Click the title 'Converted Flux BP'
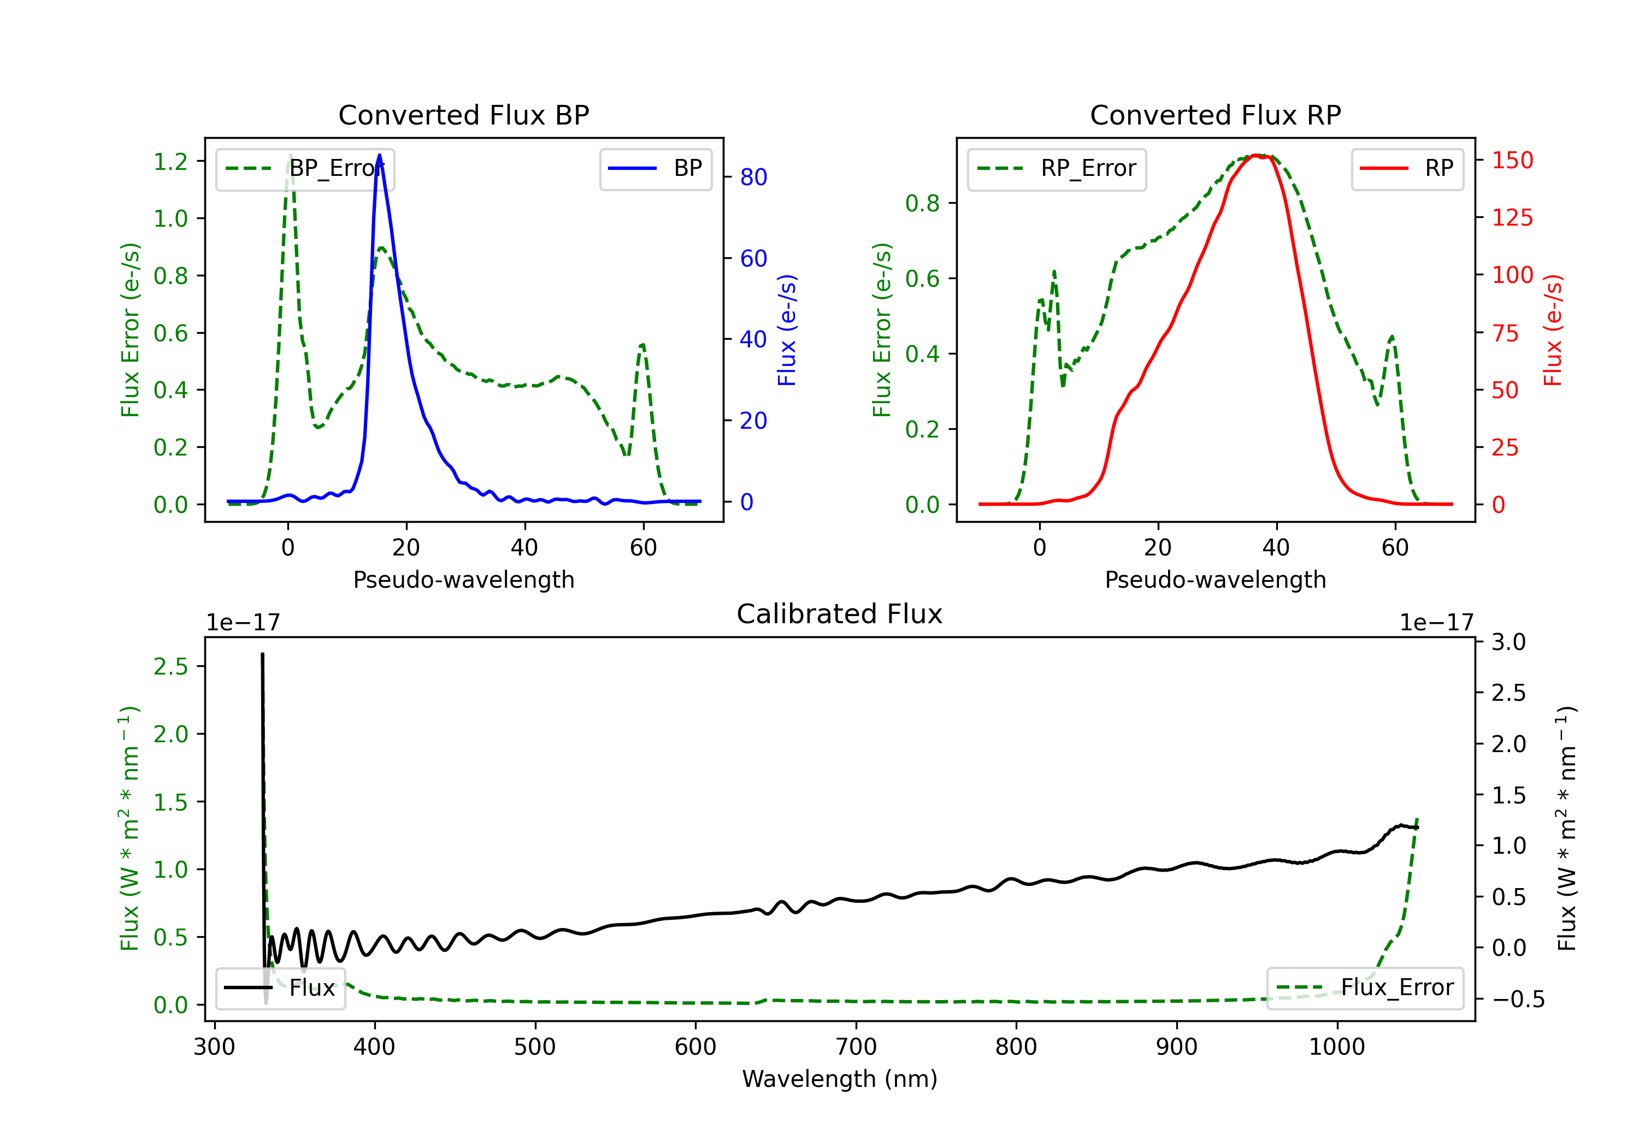[x=463, y=115]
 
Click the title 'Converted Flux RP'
[x=1215, y=115]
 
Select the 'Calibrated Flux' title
[x=840, y=614]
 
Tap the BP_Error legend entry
[x=305, y=168]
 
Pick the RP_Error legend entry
[x=1057, y=168]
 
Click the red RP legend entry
[x=1407, y=168]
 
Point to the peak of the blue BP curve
[x=379, y=156]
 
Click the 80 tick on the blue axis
[x=753, y=177]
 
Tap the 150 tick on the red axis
[x=1512, y=160]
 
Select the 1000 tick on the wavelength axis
[x=1336, y=1047]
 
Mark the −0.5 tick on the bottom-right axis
[x=1518, y=998]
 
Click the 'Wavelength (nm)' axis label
[x=840, y=1079]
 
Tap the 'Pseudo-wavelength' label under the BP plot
[x=463, y=580]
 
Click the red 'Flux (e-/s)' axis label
[x=1553, y=330]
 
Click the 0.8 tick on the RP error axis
[x=922, y=203]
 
